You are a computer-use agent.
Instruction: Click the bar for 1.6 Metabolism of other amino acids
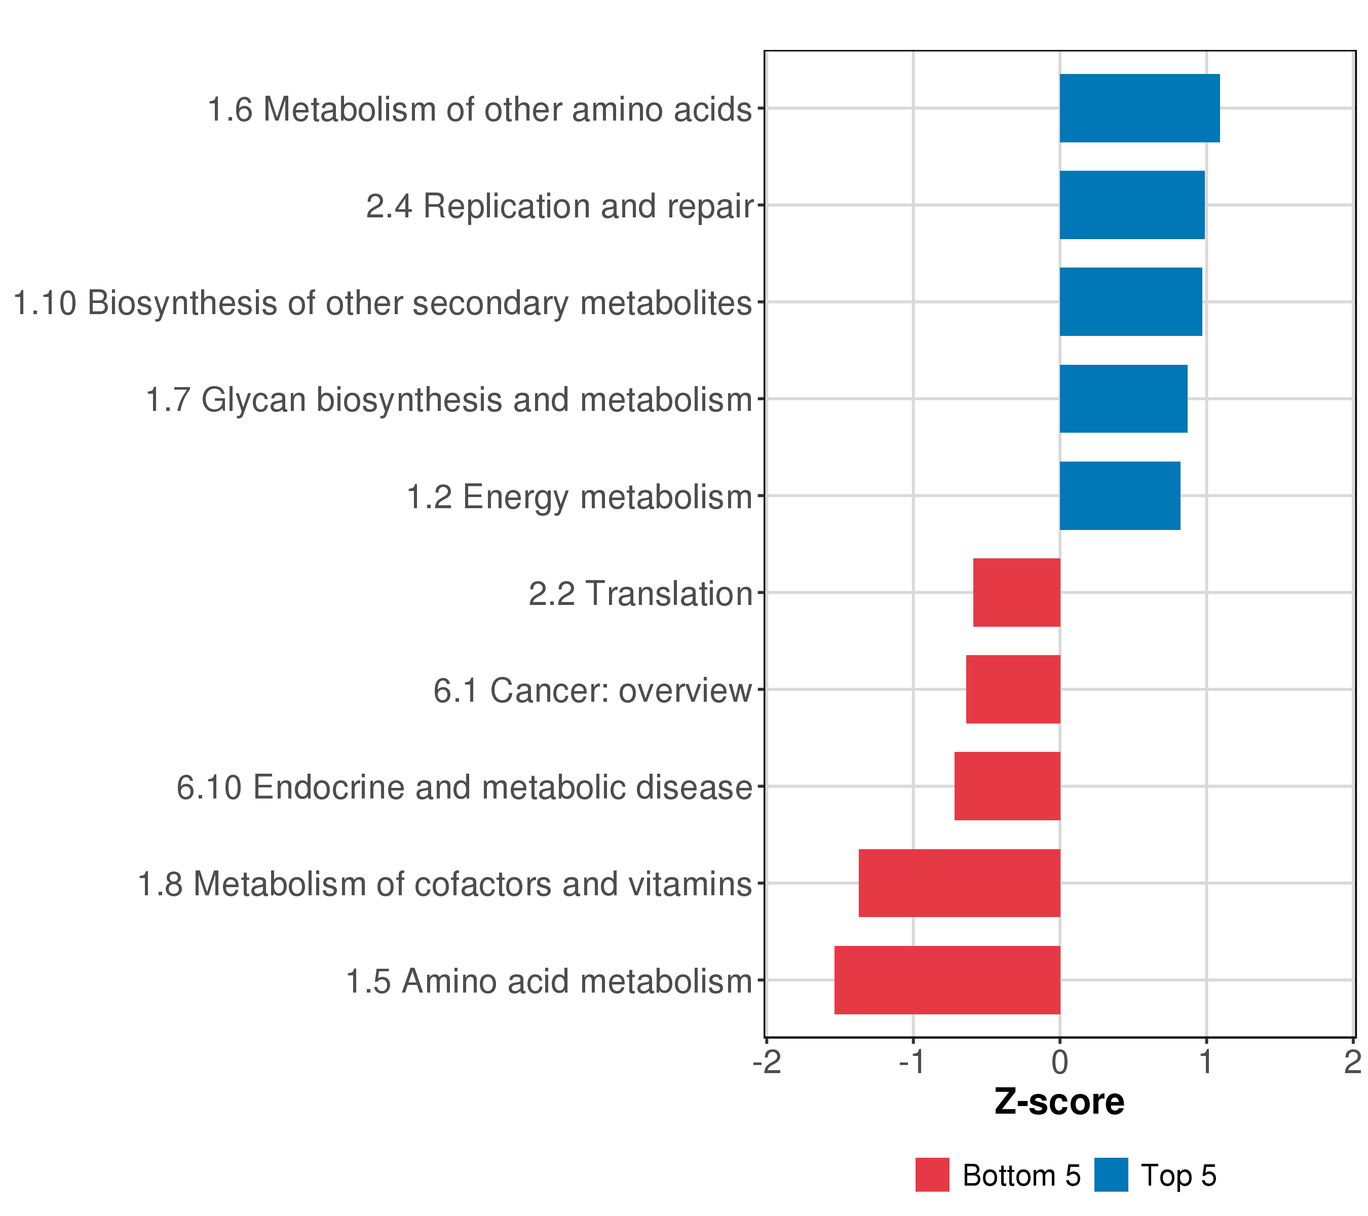click(x=1139, y=108)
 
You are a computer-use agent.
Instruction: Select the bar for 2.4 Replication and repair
click(x=1132, y=205)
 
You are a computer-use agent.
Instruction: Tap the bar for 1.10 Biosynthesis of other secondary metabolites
click(x=1130, y=302)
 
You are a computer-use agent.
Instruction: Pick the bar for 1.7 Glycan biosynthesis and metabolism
click(x=1123, y=399)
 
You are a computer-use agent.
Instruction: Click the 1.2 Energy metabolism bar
click(x=1120, y=496)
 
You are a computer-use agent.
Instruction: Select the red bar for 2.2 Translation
click(x=1017, y=592)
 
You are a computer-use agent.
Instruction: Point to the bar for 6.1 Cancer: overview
click(x=1013, y=689)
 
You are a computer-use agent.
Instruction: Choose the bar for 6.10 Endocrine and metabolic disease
click(x=1007, y=786)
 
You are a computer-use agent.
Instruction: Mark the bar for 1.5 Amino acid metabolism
click(x=947, y=980)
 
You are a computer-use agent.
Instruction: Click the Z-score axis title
click(x=1059, y=1102)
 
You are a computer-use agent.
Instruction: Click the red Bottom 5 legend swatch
click(x=932, y=1175)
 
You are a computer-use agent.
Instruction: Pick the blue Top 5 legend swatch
click(x=1111, y=1175)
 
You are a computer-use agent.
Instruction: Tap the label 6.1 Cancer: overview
click(x=592, y=691)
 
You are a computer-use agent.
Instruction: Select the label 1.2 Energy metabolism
click(x=580, y=497)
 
